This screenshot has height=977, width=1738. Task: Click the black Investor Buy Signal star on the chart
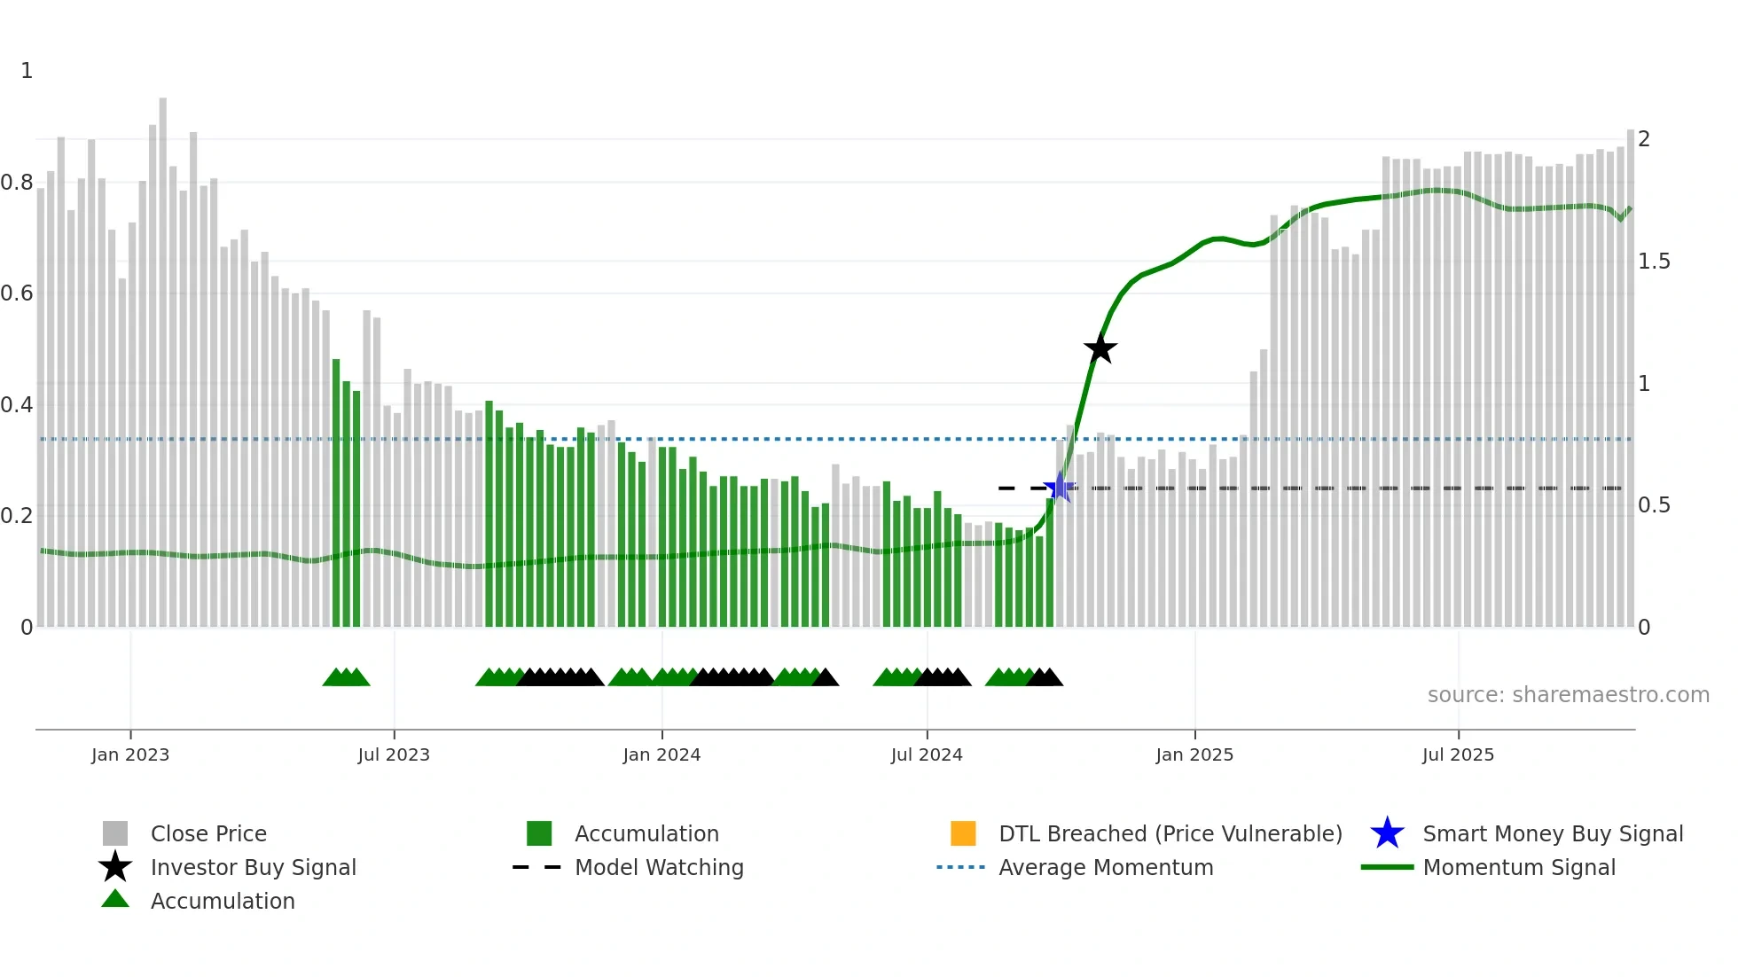(x=1100, y=348)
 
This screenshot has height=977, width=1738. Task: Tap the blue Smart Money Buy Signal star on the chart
(x=1059, y=488)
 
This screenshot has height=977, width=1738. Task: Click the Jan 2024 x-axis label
(x=662, y=754)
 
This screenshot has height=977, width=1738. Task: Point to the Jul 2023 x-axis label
(x=394, y=754)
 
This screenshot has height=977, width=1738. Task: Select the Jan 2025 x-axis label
(x=1194, y=754)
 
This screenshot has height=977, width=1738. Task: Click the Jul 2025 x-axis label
(x=1458, y=754)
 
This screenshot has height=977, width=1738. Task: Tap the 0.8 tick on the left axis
(x=17, y=183)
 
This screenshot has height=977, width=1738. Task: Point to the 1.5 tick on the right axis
(x=1654, y=262)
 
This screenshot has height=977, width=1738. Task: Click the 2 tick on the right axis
(x=1644, y=139)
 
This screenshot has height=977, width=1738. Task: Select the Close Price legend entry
(x=207, y=833)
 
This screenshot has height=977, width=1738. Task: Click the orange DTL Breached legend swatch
(x=963, y=833)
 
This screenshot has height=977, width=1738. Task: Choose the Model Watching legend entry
(x=658, y=867)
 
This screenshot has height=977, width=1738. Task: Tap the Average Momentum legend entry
(x=1105, y=867)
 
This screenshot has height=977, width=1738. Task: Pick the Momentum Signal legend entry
(x=1518, y=867)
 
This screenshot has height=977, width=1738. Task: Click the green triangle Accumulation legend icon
(x=115, y=899)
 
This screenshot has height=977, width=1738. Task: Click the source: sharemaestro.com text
(x=1568, y=694)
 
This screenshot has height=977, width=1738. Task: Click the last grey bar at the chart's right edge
(x=1630, y=381)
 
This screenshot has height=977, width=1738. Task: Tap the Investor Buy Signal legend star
(x=115, y=867)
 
